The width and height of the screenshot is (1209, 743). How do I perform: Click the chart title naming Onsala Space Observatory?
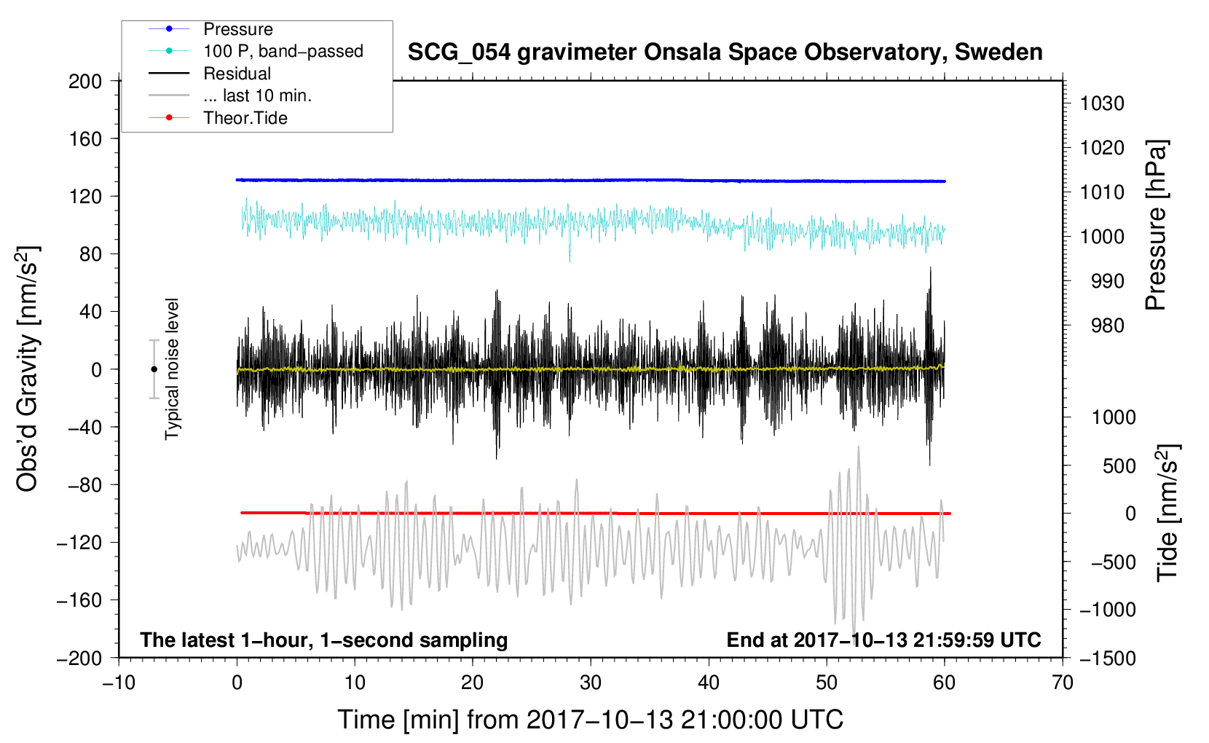tap(725, 52)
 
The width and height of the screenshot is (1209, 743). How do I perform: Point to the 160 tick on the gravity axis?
tap(85, 139)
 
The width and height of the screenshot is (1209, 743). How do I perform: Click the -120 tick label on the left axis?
tap(79, 543)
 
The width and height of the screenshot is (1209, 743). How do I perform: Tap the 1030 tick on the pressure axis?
tap(1102, 103)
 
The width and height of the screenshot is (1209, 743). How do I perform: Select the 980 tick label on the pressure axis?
tap(1107, 326)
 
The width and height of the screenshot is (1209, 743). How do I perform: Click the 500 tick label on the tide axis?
tap(1119, 465)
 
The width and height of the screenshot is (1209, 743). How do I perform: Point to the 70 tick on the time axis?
tap(1063, 683)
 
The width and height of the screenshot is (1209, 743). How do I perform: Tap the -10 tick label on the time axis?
tap(119, 683)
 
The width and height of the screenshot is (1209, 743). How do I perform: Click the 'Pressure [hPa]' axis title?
tap(1156, 225)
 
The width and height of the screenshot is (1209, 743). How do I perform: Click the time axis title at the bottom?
tap(591, 720)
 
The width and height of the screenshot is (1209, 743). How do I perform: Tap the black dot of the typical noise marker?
tap(154, 369)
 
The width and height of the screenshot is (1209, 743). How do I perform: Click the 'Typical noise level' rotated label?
tap(172, 369)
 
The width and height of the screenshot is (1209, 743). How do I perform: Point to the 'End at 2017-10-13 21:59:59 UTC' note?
tap(883, 640)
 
